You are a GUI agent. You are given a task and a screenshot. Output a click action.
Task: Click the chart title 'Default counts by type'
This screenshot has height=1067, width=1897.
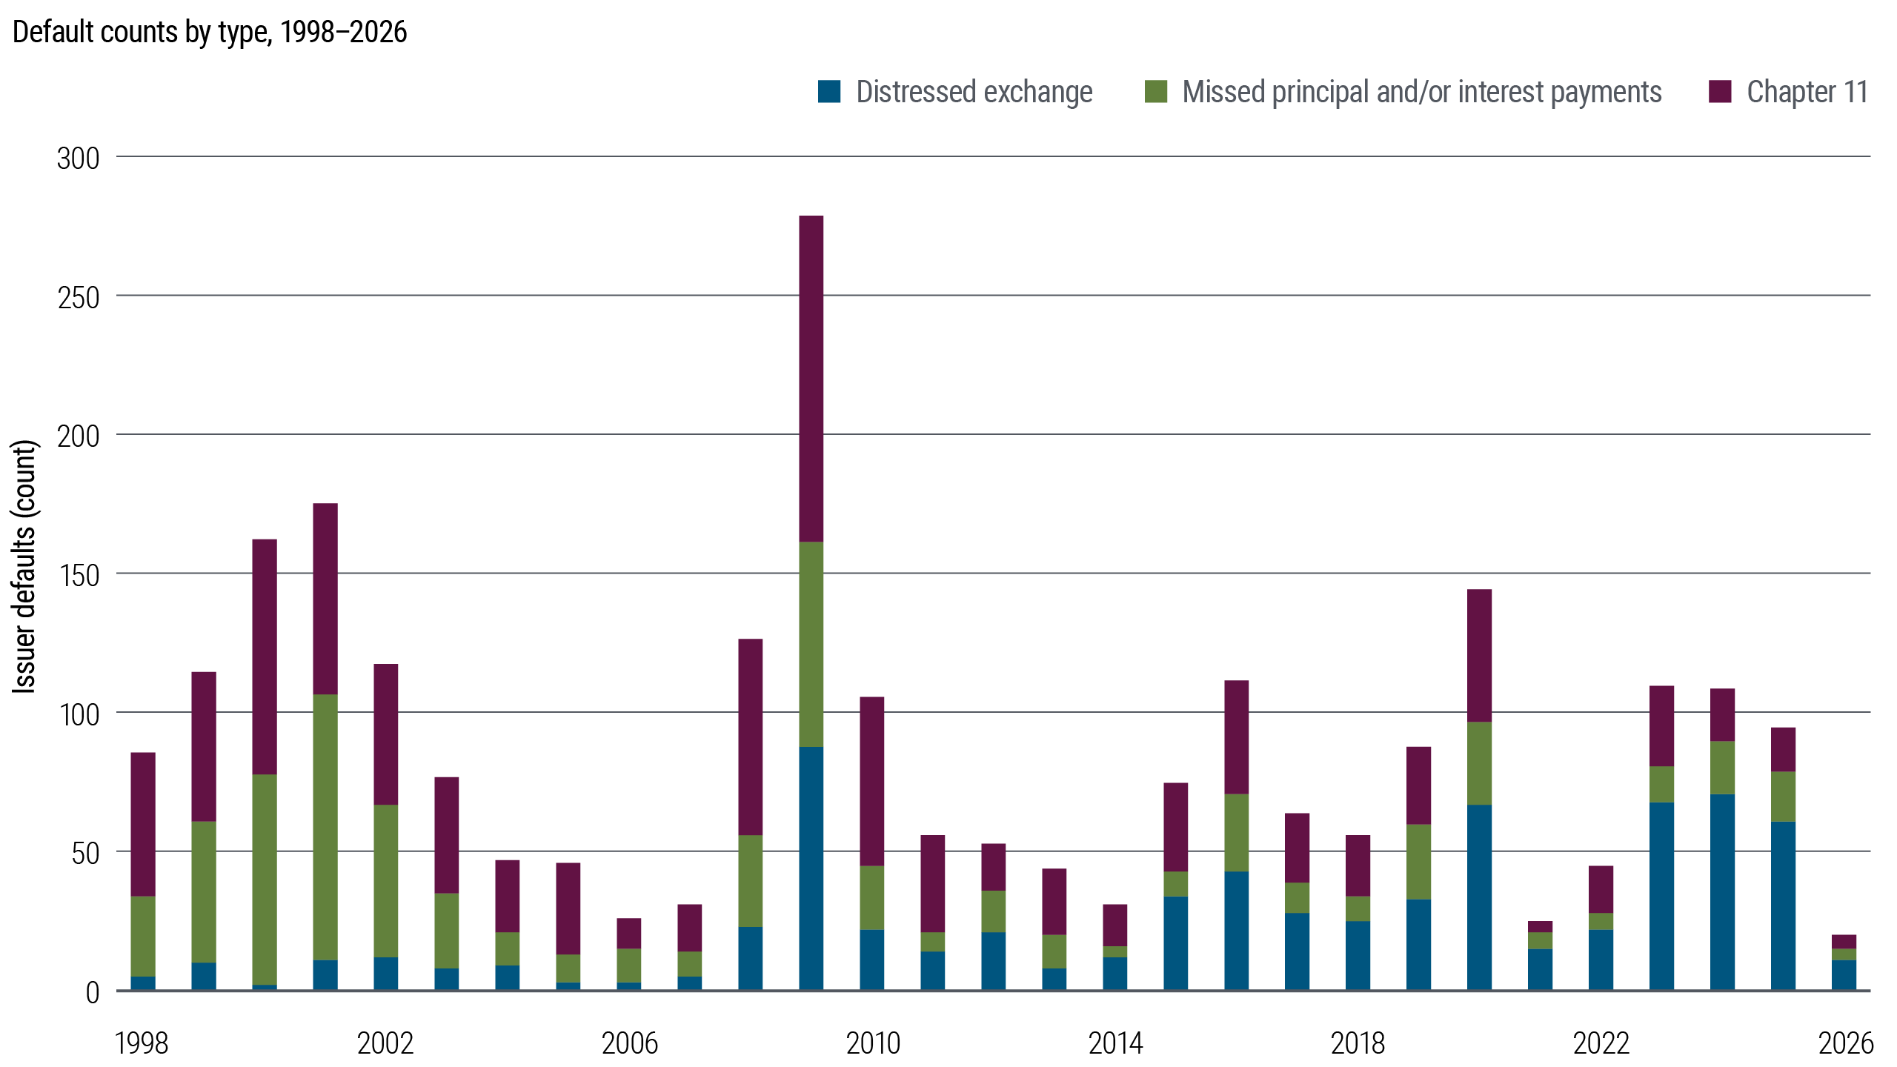tap(210, 33)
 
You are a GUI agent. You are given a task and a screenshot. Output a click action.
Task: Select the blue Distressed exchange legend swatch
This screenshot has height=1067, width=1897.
tap(830, 92)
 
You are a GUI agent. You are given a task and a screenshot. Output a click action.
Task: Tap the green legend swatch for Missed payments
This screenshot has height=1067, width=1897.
tap(1156, 92)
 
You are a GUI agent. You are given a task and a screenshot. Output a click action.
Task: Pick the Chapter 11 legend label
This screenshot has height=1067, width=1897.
tap(1807, 92)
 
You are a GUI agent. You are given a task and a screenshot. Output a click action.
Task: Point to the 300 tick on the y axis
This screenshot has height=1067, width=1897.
tap(79, 158)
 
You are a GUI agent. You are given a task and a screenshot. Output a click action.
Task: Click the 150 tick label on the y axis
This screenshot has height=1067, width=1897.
tap(79, 575)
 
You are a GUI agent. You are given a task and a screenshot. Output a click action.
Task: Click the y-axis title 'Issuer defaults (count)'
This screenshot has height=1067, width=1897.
tap(25, 567)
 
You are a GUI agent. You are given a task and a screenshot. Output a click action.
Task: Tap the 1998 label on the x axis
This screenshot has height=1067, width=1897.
tap(142, 1043)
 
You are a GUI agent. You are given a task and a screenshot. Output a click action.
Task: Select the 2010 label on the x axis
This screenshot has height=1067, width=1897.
tap(873, 1043)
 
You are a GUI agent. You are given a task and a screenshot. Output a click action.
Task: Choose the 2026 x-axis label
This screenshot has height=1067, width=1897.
tap(1845, 1043)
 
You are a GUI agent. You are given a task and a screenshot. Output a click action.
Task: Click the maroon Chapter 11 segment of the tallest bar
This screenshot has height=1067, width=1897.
tap(811, 379)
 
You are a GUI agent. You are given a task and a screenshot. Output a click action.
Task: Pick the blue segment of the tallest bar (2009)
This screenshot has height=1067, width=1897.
tap(811, 868)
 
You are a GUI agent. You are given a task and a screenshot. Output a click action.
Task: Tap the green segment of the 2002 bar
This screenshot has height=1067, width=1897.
tap(386, 881)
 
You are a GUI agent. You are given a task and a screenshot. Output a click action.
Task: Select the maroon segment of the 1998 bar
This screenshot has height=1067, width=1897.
tap(143, 824)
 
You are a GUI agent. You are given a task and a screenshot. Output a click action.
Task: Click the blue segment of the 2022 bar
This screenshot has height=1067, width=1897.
tap(1601, 960)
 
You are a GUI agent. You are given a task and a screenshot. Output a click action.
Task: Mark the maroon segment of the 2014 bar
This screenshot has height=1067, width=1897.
tap(1115, 925)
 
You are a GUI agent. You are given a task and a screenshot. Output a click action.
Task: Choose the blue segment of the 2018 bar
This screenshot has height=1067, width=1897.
tap(1358, 956)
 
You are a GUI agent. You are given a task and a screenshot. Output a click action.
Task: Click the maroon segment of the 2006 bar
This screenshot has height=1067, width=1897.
tap(629, 934)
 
